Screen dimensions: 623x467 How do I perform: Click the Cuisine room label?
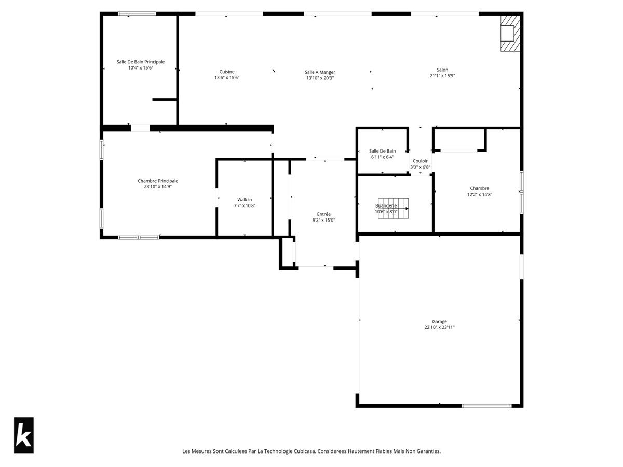click(x=226, y=72)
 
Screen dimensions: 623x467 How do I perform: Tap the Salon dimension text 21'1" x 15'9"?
click(x=442, y=76)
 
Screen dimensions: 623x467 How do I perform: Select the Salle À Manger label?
click(x=320, y=72)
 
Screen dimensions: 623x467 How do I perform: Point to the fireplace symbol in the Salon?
click(x=510, y=33)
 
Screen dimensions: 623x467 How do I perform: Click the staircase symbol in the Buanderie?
click(x=393, y=209)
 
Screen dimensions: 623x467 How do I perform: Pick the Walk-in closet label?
click(x=245, y=200)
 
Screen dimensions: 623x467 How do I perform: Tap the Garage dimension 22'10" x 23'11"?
click(x=439, y=327)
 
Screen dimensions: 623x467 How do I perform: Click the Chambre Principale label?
click(x=158, y=181)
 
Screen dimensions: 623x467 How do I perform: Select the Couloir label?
click(x=420, y=161)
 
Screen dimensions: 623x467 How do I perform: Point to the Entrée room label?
click(x=323, y=214)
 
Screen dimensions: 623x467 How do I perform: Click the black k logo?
click(x=24, y=435)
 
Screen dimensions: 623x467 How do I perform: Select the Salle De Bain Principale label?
click(x=141, y=62)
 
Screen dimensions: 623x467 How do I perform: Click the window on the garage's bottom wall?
click(x=486, y=406)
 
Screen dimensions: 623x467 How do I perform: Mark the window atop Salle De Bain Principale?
click(x=137, y=13)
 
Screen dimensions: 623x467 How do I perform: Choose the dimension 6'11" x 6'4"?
click(x=382, y=157)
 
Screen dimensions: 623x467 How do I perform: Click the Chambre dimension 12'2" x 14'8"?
click(x=479, y=194)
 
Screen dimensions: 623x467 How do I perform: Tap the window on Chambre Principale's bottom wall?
click(x=139, y=237)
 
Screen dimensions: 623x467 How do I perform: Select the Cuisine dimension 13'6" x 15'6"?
click(x=227, y=78)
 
